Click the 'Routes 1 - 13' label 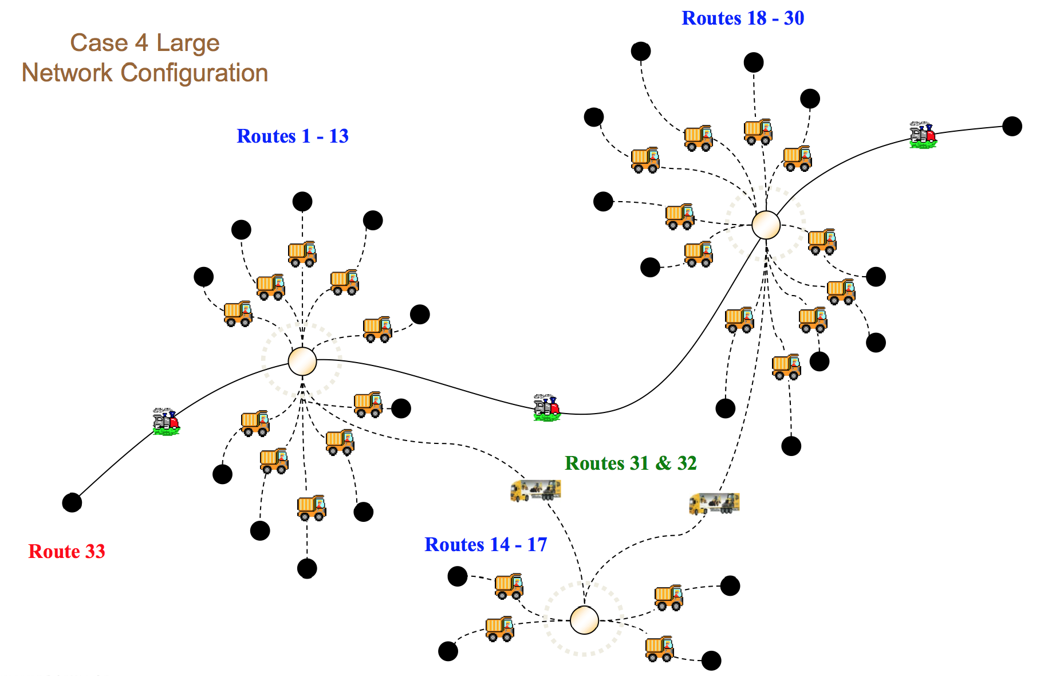click(293, 136)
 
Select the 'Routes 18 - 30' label click(743, 18)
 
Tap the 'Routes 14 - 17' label click(486, 544)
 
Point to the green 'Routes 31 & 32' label click(631, 463)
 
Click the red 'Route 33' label click(67, 551)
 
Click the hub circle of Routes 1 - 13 click(302, 361)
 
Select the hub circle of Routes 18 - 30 click(766, 225)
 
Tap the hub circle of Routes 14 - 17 click(584, 620)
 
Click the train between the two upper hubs click(546, 407)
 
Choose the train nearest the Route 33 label click(166, 421)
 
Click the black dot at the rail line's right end click(1012, 126)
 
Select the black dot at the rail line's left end click(72, 502)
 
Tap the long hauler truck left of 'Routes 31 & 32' click(535, 490)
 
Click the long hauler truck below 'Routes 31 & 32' click(714, 504)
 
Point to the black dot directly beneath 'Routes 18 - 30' click(754, 62)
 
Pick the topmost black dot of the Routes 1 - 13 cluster click(302, 202)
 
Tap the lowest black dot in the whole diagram click(711, 661)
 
